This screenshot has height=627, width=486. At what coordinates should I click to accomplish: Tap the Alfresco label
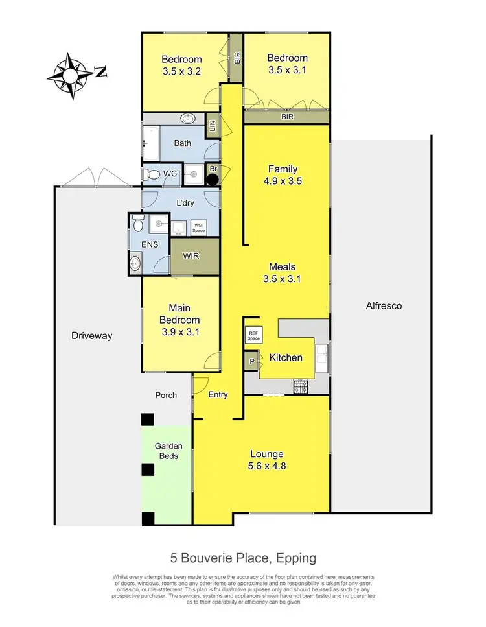click(x=384, y=305)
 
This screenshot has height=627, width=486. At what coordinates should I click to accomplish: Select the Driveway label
click(x=91, y=336)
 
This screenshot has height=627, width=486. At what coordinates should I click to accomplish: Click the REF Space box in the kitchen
click(x=252, y=336)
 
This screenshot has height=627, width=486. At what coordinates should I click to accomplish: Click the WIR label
click(x=191, y=256)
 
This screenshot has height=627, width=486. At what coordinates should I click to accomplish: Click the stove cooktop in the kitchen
click(x=300, y=387)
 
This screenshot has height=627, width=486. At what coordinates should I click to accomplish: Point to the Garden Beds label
click(x=168, y=451)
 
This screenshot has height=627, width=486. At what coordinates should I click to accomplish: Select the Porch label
click(x=166, y=395)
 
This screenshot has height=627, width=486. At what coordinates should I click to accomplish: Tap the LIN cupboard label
click(x=211, y=126)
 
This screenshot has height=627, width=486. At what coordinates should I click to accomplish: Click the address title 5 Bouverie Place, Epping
click(x=243, y=558)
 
